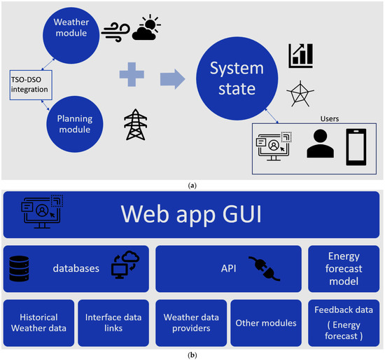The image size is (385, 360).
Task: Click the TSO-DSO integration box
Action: point(29,85)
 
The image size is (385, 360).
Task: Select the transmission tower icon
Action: point(134,125)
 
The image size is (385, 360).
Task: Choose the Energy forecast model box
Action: point(344,268)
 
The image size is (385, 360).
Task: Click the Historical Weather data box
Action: point(38,323)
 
